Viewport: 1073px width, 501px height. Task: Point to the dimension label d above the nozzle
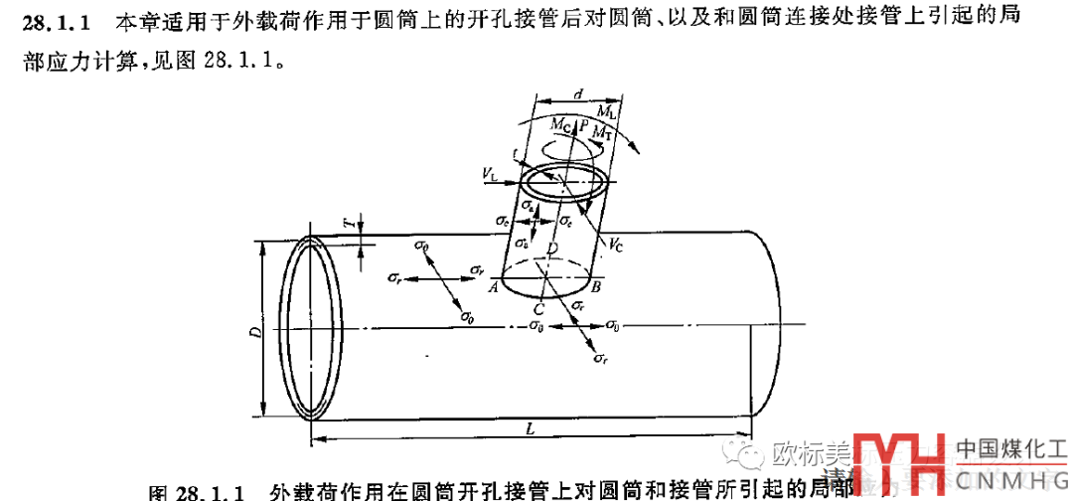pyautogui.click(x=578, y=93)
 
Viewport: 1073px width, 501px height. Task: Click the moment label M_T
pyautogui.click(x=601, y=131)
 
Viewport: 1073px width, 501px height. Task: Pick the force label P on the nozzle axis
pyautogui.click(x=583, y=123)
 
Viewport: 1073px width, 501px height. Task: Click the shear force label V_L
pyautogui.click(x=491, y=175)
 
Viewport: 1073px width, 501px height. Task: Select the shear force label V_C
pyautogui.click(x=616, y=242)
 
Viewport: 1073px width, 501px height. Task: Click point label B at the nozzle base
pyautogui.click(x=595, y=287)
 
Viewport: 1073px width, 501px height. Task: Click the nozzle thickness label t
pyautogui.click(x=515, y=154)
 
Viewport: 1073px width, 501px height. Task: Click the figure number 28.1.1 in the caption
pyautogui.click(x=207, y=492)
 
